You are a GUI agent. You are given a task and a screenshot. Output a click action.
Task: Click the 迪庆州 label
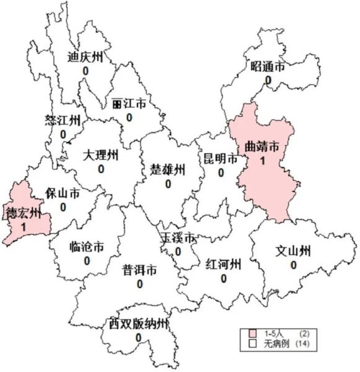[85, 56]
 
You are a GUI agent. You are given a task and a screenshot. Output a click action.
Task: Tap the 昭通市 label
[268, 67]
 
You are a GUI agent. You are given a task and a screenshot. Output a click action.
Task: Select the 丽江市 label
[129, 104]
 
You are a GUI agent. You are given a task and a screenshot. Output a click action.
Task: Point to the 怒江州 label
[63, 120]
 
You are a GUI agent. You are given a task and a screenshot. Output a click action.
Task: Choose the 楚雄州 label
[167, 169]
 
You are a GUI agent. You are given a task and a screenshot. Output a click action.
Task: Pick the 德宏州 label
[23, 215]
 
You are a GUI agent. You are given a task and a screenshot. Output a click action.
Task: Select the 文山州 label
[293, 251]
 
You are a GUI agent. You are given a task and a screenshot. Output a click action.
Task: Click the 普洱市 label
[139, 270]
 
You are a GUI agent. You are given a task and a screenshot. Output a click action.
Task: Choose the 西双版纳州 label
[138, 324]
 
